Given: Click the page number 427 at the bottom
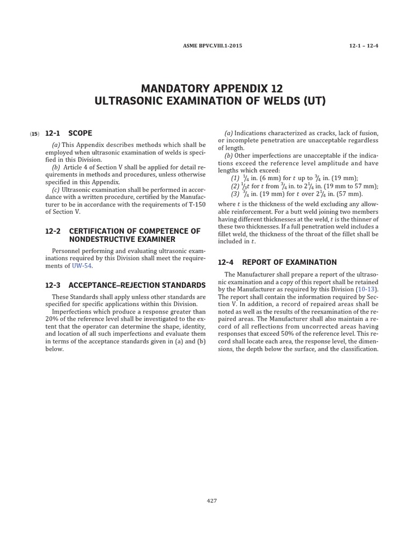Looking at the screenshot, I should pyautogui.click(x=211, y=501).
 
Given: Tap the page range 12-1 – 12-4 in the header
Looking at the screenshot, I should pyautogui.click(x=364, y=46).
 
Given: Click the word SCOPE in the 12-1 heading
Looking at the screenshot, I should pyautogui.click(x=80, y=133).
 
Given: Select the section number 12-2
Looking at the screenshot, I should pyautogui.click(x=54, y=231).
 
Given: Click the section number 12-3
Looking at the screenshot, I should pyautogui.click(x=54, y=285).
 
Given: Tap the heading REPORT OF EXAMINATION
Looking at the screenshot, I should pyautogui.click(x=289, y=262).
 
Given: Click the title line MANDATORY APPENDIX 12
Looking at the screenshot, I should pyautogui.click(x=211, y=88).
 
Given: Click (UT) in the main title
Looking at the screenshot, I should pyautogui.click(x=313, y=101).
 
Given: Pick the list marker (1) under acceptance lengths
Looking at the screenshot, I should pyautogui.click(x=236, y=179).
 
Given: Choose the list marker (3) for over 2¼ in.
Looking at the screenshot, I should pyautogui.click(x=236, y=194).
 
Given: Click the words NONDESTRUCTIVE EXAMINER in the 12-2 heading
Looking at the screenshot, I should pyautogui.click(x=122, y=239).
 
